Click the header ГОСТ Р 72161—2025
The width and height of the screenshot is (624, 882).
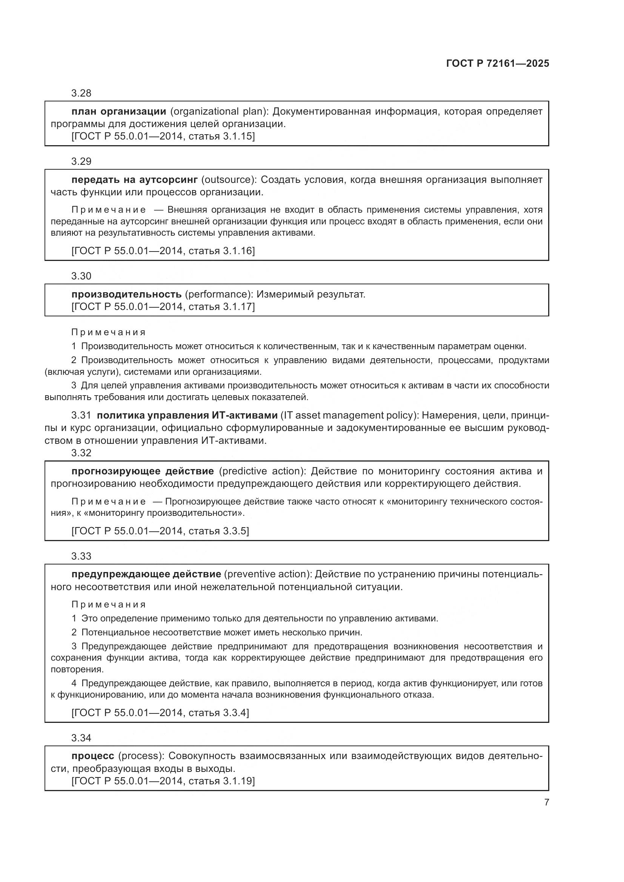(497, 63)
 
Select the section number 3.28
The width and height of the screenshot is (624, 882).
(81, 93)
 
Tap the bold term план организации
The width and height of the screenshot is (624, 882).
(118, 111)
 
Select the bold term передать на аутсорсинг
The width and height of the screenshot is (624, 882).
(134, 180)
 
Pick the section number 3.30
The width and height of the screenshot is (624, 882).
(81, 276)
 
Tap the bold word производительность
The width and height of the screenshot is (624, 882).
(126, 294)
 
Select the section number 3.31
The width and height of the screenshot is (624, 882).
(81, 415)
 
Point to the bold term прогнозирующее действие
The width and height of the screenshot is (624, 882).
(142, 471)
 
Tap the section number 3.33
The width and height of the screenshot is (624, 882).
(81, 556)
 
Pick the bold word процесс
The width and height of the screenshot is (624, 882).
(92, 756)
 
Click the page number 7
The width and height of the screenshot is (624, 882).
(546, 802)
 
